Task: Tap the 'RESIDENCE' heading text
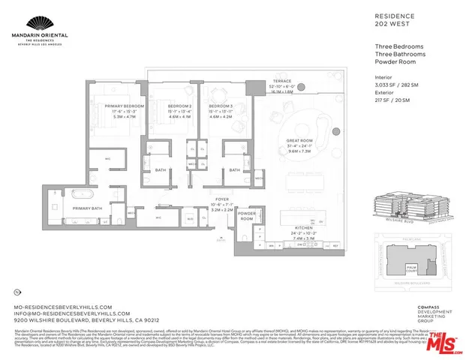391,14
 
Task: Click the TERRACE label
281,80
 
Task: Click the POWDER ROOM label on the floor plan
247,215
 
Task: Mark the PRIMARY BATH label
87,208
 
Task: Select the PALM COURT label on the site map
412,266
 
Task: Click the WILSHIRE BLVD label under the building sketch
387,222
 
